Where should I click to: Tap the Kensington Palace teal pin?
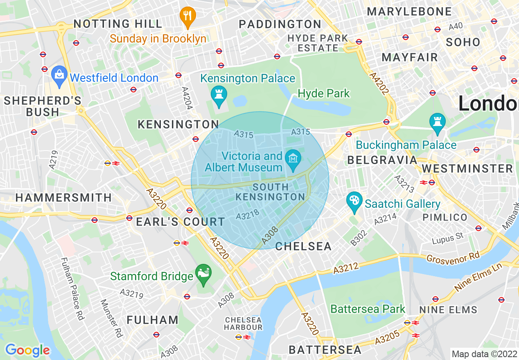[x=219, y=94]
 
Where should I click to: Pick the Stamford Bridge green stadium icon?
[x=203, y=272]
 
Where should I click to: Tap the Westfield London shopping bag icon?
[x=60, y=75]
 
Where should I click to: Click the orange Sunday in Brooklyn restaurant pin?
[x=187, y=16]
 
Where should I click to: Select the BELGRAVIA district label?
[x=382, y=160]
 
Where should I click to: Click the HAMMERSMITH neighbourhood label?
[x=63, y=198]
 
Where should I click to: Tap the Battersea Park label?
[x=368, y=309]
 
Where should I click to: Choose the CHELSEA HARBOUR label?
[x=243, y=323]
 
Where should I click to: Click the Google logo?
[x=27, y=350]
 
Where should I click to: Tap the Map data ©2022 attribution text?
[x=483, y=353]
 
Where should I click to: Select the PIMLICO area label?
[x=445, y=217]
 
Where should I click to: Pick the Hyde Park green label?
[x=324, y=94]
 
